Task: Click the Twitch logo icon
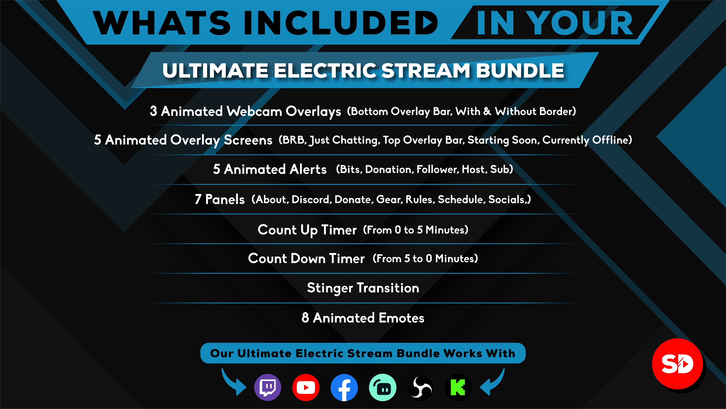pyautogui.click(x=267, y=387)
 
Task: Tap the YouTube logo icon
pyautogui.click(x=306, y=387)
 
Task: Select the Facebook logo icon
pyautogui.click(x=344, y=387)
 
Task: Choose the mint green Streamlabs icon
pyautogui.click(x=383, y=387)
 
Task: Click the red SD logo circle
pyautogui.click(x=677, y=364)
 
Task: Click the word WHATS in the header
pyautogui.click(x=162, y=23)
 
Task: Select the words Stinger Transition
pyautogui.click(x=363, y=288)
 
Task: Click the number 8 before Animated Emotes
pyautogui.click(x=305, y=318)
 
